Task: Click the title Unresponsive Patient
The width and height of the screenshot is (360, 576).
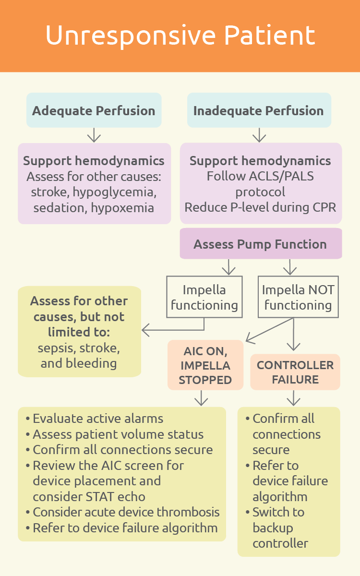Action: point(180,36)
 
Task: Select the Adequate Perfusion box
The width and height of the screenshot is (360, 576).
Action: point(94,110)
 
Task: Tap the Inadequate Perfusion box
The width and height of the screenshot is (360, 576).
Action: point(259,110)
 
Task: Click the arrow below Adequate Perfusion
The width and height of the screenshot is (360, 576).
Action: point(94,135)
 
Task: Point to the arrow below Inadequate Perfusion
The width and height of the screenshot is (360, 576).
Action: point(259,135)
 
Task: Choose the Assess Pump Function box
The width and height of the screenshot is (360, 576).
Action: point(261,243)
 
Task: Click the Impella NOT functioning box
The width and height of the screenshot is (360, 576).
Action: point(298,297)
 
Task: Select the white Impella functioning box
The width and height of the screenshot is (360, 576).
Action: point(204,297)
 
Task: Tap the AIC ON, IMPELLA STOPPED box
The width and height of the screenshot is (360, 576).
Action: point(205,365)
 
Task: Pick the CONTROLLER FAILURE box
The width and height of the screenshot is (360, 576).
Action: point(295,372)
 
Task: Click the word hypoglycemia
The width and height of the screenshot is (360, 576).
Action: point(115,192)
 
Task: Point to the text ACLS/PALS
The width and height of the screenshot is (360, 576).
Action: point(281,177)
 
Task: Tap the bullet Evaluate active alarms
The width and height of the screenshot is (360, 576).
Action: point(95,419)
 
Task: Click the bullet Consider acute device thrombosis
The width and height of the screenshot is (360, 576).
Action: point(123,512)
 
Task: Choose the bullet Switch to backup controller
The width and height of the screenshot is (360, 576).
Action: point(277,528)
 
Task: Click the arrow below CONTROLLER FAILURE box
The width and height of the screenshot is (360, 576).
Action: point(293,398)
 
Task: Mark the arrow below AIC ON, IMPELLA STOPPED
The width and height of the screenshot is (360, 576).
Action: point(201,398)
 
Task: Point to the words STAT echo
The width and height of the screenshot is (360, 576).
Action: point(116,496)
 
